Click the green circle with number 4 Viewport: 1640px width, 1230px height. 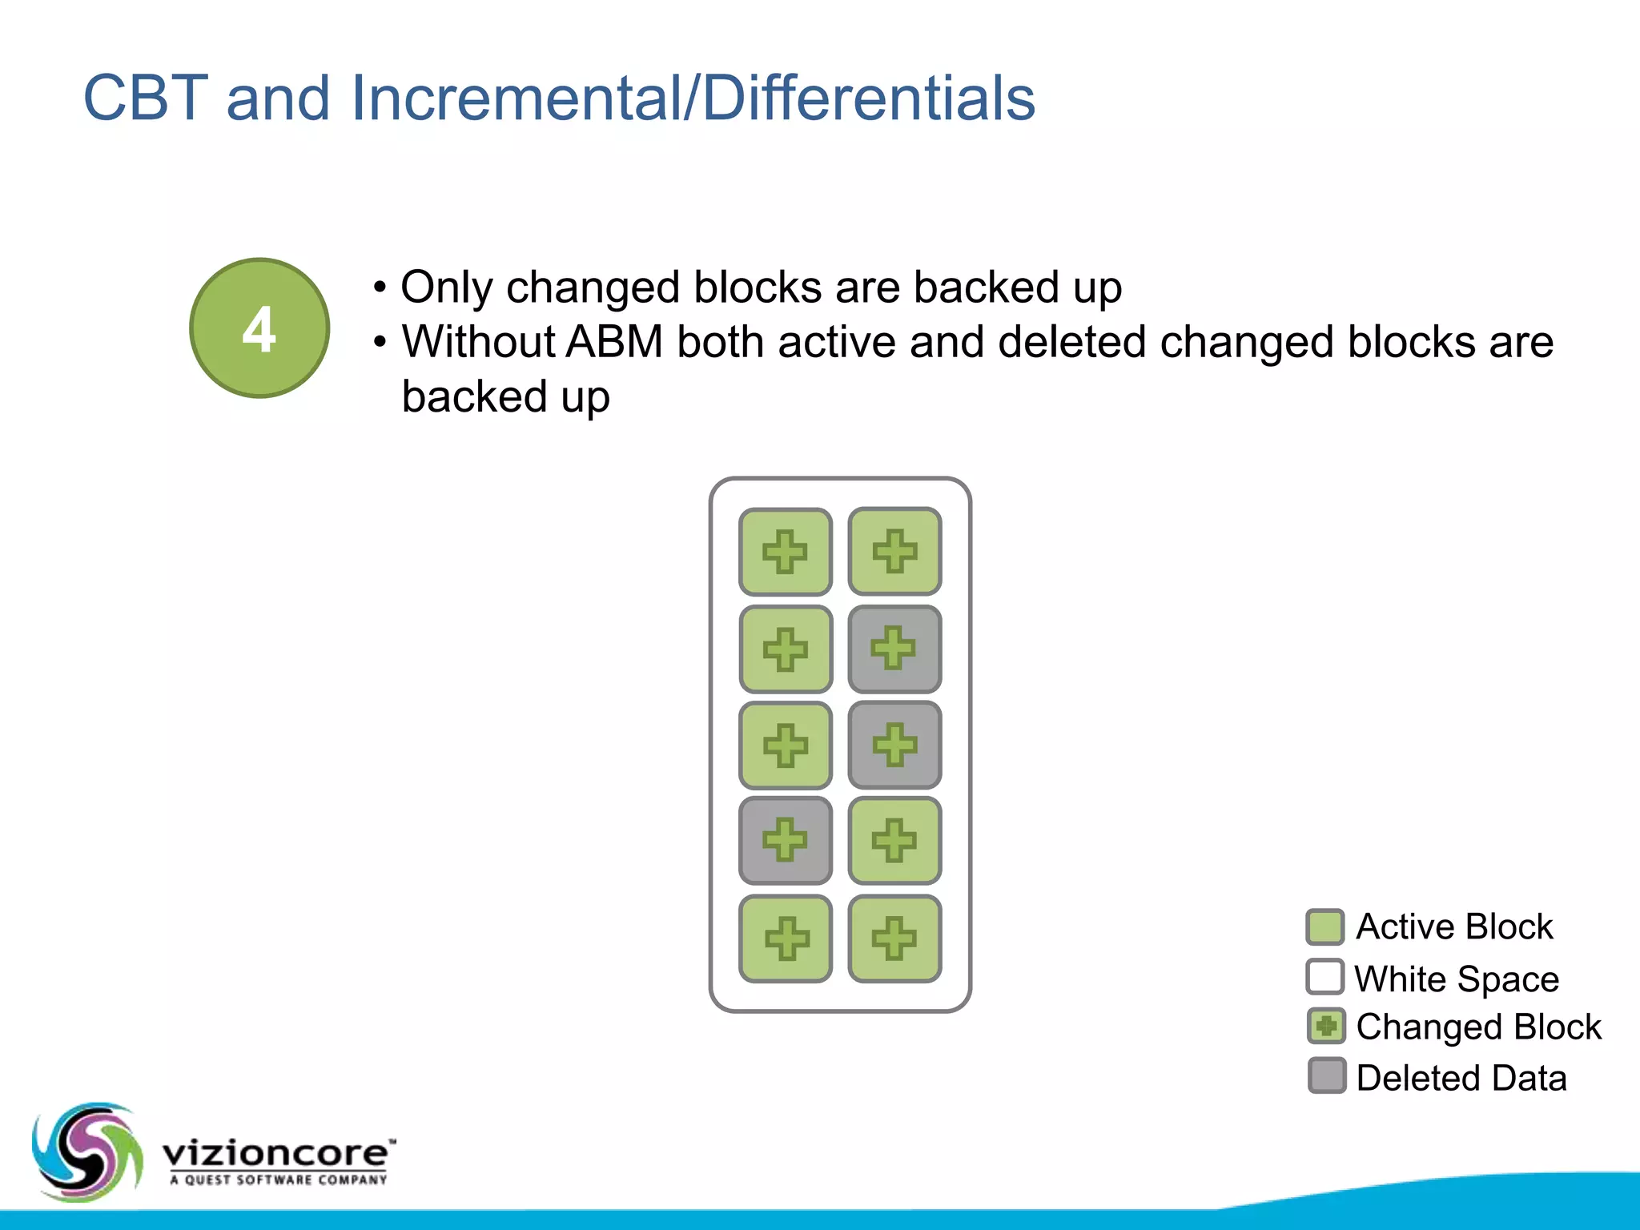(259, 328)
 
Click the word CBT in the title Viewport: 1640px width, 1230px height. (146, 98)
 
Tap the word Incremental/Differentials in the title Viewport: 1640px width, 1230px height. (693, 98)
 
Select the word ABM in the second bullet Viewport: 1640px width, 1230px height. (614, 342)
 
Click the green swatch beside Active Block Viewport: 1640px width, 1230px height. (1324, 927)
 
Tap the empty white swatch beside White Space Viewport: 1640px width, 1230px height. (1324, 977)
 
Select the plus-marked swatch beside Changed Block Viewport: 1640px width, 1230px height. (1326, 1027)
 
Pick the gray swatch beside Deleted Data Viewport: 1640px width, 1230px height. (1326, 1076)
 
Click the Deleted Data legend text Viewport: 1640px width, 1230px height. (1461, 1078)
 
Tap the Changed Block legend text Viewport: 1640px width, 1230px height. (1478, 1027)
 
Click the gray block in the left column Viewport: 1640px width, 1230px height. (786, 841)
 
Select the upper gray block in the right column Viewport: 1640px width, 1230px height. (894, 649)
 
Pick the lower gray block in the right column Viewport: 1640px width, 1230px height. (894, 746)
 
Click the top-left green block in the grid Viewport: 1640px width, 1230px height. (786, 552)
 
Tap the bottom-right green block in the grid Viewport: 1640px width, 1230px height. (894, 939)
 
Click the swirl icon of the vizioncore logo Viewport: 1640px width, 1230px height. (86, 1152)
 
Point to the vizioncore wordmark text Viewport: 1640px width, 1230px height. (276, 1154)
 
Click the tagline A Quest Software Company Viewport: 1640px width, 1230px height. (279, 1180)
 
